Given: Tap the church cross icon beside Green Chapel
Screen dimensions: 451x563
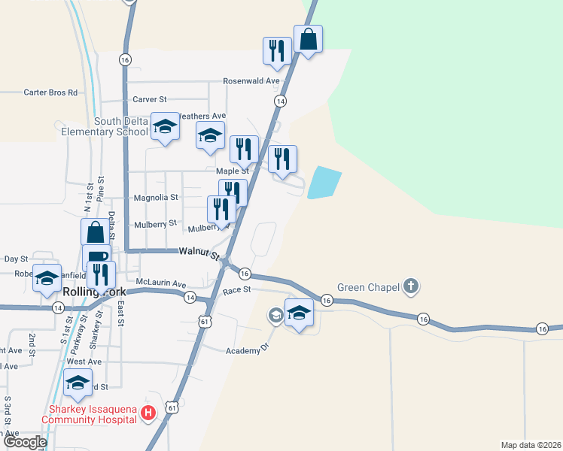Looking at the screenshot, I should click(410, 286).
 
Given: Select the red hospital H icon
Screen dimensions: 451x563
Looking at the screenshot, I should click(149, 413).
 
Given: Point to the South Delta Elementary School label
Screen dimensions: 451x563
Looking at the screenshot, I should click(120, 126).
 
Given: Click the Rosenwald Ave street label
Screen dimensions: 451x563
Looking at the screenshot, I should click(251, 81).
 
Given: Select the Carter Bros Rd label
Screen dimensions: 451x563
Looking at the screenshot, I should click(50, 92).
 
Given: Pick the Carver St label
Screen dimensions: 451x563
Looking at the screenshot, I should click(149, 99).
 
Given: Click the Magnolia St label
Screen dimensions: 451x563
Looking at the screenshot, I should click(156, 198).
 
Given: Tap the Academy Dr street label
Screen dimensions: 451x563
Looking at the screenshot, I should click(248, 350).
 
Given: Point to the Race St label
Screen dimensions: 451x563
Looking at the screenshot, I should click(236, 289).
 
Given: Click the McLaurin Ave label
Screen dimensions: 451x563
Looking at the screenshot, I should click(160, 283).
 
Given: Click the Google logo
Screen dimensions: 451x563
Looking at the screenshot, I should click(25, 442).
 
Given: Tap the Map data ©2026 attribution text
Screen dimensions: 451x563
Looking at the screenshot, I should click(531, 445).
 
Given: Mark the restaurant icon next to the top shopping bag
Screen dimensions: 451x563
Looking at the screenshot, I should click(276, 50).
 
